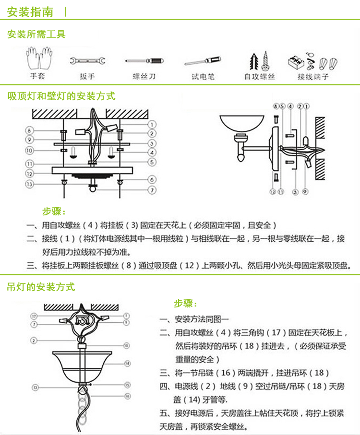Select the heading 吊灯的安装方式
(41, 287)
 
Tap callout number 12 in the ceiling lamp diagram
(29, 173)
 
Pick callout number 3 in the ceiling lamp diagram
(151, 143)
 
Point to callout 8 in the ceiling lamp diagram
(29, 130)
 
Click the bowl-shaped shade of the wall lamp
(241, 124)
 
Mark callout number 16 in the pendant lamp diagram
(127, 396)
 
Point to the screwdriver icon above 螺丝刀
(145, 61)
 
